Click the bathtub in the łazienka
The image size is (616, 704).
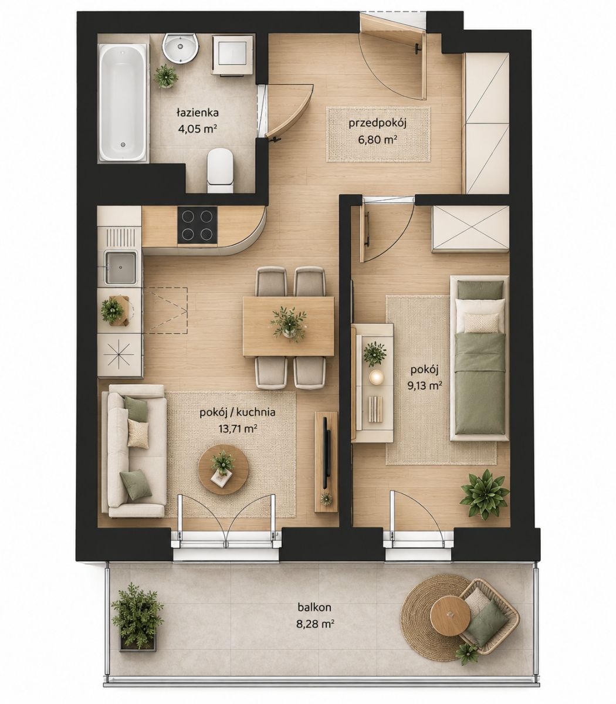click(124, 103)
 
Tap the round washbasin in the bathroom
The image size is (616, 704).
click(181, 49)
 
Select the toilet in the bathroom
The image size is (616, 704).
click(221, 170)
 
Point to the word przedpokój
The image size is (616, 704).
click(378, 124)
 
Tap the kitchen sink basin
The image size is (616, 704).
click(120, 268)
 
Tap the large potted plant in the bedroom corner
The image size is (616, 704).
click(485, 494)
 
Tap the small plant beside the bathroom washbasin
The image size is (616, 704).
click(166, 76)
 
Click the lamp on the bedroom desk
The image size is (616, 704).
click(377, 377)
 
